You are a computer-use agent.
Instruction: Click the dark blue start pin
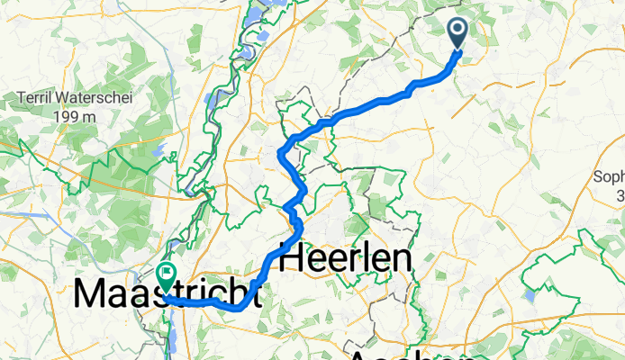pos(457,34)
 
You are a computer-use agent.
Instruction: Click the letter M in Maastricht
pos(94,294)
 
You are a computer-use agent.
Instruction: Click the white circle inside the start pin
pos(457,31)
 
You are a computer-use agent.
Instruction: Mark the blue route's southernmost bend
pos(238,309)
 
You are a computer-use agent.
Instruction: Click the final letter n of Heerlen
pos(403,261)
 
